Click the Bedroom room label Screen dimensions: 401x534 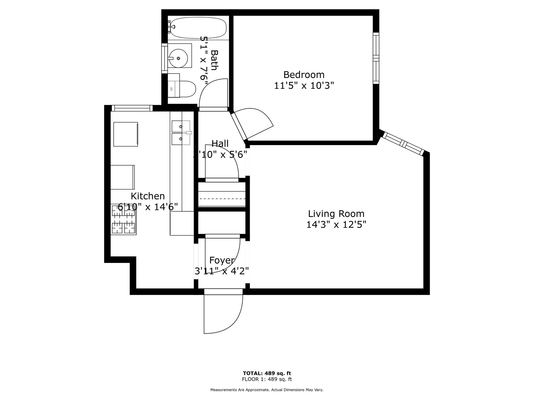click(304, 75)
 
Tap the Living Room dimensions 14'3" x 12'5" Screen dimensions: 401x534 click(336, 225)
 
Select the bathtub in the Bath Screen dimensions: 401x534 click(198, 28)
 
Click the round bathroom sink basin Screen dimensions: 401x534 click(178, 58)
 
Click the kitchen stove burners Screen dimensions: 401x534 click(123, 219)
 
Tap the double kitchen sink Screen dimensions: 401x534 click(181, 133)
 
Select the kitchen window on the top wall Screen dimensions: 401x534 click(132, 108)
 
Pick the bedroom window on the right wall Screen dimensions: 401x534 click(376, 58)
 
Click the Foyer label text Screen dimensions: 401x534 click(222, 260)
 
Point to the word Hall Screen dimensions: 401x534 click(220, 144)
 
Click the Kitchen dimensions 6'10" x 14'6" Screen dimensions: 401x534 click(148, 207)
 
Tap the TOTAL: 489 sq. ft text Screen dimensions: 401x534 click(267, 373)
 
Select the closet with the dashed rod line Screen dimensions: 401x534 click(222, 194)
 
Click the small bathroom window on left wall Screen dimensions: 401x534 click(164, 58)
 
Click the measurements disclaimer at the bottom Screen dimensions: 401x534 click(267, 390)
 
